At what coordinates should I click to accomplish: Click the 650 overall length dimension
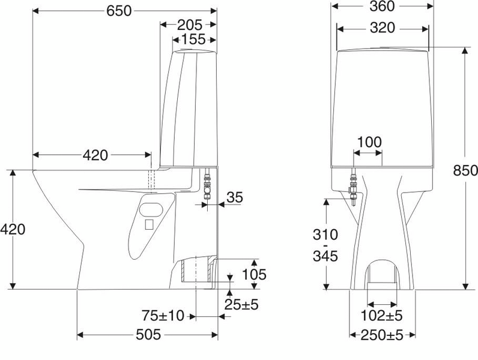119,10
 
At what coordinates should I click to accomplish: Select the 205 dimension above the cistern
190,25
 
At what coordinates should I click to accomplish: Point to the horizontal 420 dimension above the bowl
95,155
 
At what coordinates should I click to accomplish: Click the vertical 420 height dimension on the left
13,229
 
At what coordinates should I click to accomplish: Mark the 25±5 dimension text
242,305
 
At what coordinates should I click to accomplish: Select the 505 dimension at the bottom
148,335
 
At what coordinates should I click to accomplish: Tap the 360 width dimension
382,7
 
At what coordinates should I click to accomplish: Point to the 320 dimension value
382,28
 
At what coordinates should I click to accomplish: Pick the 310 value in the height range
325,234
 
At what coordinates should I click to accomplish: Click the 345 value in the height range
325,257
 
